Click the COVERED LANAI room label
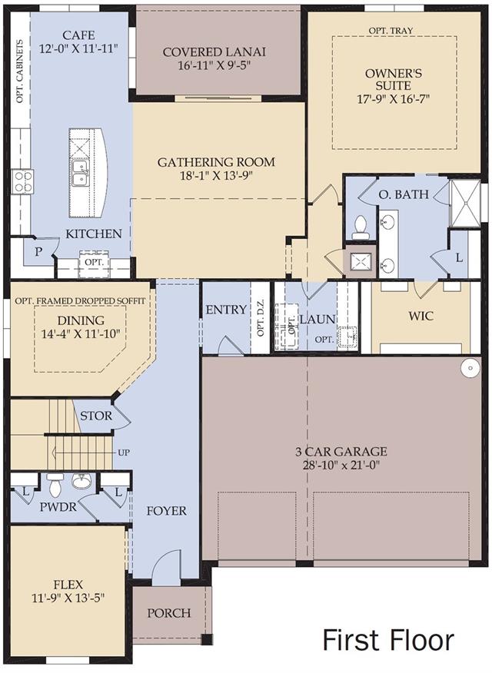[214, 52]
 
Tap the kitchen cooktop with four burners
[23, 182]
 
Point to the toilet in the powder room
[55, 485]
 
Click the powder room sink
[81, 481]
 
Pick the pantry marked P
[38, 251]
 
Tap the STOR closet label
[96, 416]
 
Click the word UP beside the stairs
[124, 453]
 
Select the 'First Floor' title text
[388, 640]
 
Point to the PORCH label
[169, 613]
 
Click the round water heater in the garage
[470, 368]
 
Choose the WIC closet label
[421, 317]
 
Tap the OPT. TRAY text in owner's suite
[391, 31]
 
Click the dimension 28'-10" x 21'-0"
[341, 465]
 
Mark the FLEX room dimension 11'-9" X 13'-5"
[68, 598]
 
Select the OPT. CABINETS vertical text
[20, 71]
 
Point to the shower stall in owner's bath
[464, 203]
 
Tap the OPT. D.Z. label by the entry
[261, 318]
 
